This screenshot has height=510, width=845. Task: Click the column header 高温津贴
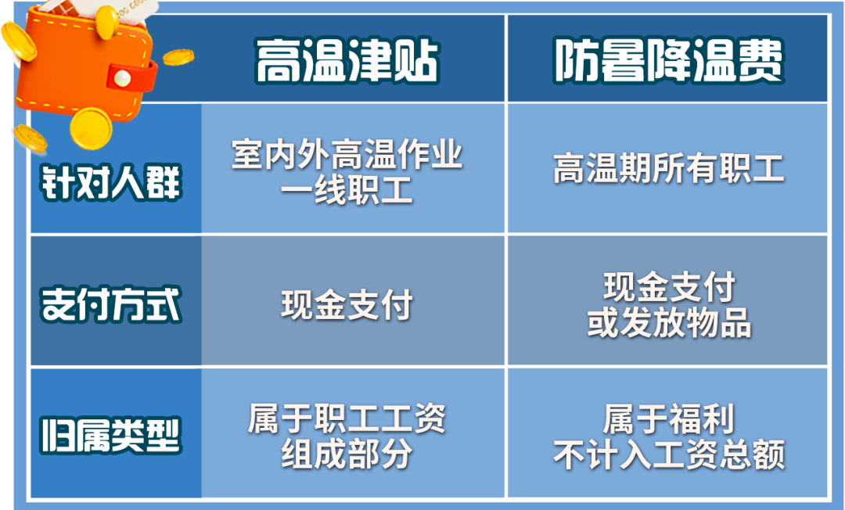347,60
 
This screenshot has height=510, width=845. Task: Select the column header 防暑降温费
668,60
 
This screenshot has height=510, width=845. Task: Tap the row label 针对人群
111,182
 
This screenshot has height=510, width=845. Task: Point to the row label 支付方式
111,304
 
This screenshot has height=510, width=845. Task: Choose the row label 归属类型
111,435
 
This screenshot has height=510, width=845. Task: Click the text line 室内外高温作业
347,154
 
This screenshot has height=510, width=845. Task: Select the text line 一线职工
347,189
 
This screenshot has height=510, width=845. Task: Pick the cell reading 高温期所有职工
668,168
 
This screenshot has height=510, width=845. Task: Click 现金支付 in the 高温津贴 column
347,304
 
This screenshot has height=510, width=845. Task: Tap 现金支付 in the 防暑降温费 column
669,286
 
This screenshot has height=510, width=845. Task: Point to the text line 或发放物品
669,322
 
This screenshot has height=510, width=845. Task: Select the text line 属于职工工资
347,418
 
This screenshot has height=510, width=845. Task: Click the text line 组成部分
347,454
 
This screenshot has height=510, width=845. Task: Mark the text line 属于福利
669,418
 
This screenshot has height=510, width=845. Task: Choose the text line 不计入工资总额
668,454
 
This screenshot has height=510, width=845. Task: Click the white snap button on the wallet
122,79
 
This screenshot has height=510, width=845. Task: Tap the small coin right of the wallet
178,56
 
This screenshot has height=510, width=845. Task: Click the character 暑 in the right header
622,60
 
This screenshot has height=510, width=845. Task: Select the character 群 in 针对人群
164,182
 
